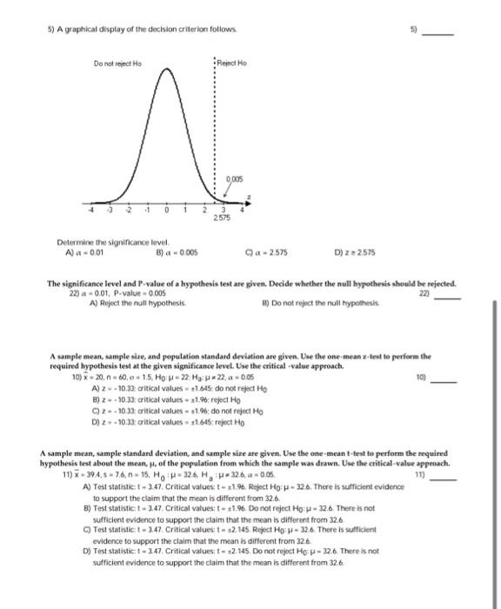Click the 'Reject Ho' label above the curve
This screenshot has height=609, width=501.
tap(233, 65)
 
